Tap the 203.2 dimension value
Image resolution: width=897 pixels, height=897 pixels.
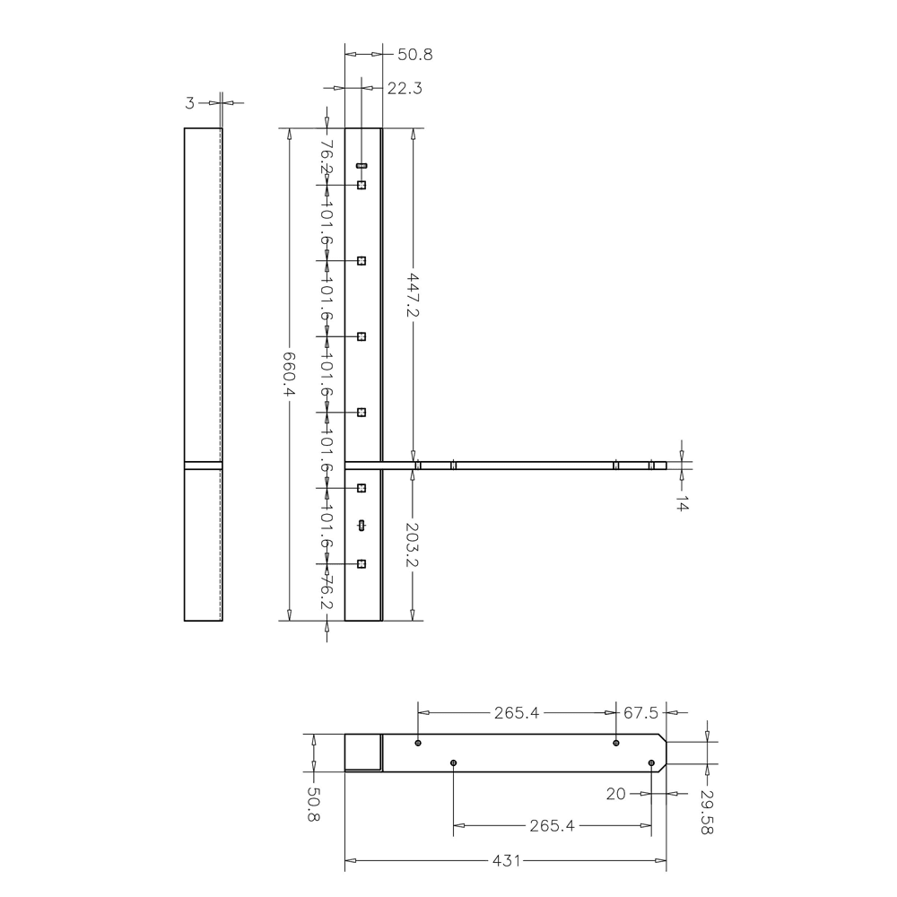pos(413,544)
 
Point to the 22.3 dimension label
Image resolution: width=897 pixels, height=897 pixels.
pos(405,88)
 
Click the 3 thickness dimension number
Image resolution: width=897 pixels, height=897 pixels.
pos(189,103)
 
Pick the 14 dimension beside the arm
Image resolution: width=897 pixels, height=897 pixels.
pos(682,504)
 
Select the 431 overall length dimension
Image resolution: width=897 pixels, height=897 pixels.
pos(506,861)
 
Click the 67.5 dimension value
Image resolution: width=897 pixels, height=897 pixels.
pos(640,713)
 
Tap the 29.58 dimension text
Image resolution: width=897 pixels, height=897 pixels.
pos(707,813)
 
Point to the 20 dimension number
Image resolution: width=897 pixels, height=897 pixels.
pos(615,794)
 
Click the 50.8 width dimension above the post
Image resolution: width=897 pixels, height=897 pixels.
pos(415,55)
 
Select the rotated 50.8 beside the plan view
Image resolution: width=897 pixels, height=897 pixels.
pos(314,805)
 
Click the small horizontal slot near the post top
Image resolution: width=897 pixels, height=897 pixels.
pos(361,166)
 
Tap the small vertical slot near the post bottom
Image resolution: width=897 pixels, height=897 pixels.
pos(361,526)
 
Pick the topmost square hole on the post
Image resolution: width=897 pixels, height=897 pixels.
pos(361,185)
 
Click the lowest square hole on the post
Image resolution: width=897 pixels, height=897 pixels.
pos(361,563)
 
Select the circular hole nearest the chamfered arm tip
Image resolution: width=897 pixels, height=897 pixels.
pos(651,762)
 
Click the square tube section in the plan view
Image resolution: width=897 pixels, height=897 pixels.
pos(363,753)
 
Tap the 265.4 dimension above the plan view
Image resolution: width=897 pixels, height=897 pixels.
pos(516,713)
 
